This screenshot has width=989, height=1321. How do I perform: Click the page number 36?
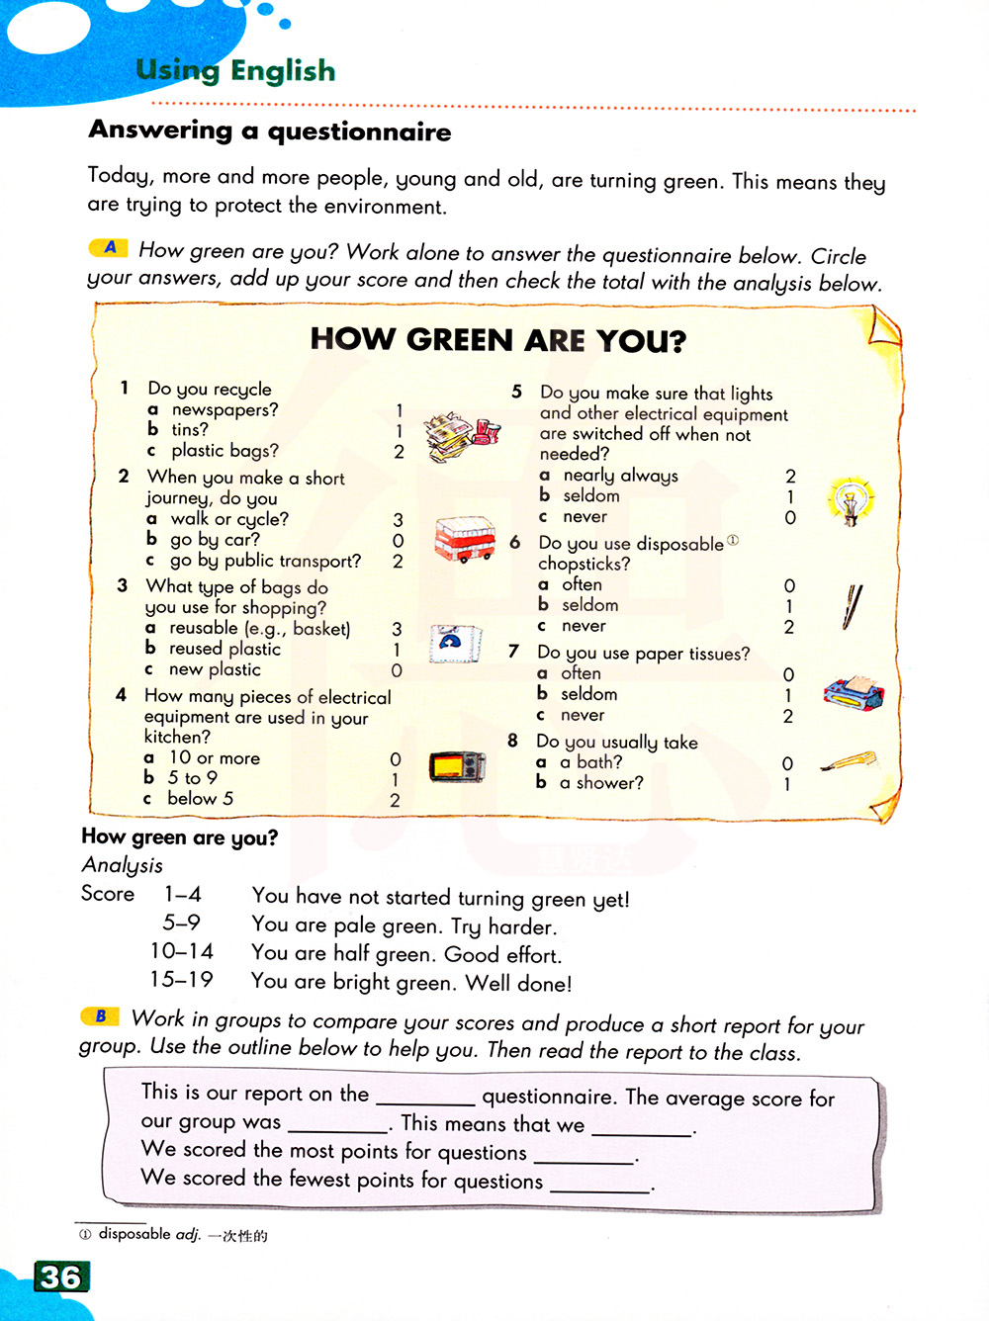pyautogui.click(x=61, y=1277)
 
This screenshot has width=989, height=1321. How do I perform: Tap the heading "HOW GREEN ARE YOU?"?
pyautogui.click(x=497, y=340)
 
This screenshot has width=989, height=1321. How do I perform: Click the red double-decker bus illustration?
pyautogui.click(x=464, y=539)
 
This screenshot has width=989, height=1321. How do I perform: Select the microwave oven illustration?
pyautogui.click(x=457, y=766)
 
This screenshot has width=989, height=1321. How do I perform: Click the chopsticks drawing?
pyautogui.click(x=853, y=606)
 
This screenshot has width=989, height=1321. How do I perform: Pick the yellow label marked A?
pyautogui.click(x=110, y=247)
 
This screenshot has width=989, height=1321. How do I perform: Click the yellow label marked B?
pyautogui.click(x=100, y=1016)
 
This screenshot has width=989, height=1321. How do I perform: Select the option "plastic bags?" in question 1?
pyautogui.click(x=225, y=451)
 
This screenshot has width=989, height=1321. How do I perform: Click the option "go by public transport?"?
pyautogui.click(x=265, y=561)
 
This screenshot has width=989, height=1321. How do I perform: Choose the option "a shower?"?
pyautogui.click(x=601, y=783)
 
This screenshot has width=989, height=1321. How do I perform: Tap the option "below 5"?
pyautogui.click(x=200, y=799)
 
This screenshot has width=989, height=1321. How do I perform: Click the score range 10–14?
pyautogui.click(x=182, y=951)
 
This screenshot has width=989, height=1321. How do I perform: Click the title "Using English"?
pyautogui.click(x=235, y=70)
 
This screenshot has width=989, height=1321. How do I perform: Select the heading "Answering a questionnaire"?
pyautogui.click(x=270, y=131)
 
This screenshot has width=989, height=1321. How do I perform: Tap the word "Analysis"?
pyautogui.click(x=123, y=865)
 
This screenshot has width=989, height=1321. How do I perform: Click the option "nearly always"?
pyautogui.click(x=620, y=476)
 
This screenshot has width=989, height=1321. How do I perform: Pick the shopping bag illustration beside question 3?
pyautogui.click(x=454, y=644)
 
